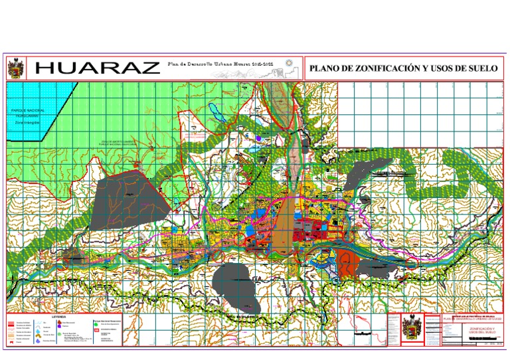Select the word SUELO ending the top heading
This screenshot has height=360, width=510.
483,68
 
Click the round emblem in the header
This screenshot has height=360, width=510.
288,64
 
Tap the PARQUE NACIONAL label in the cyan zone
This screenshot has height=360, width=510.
27,109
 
